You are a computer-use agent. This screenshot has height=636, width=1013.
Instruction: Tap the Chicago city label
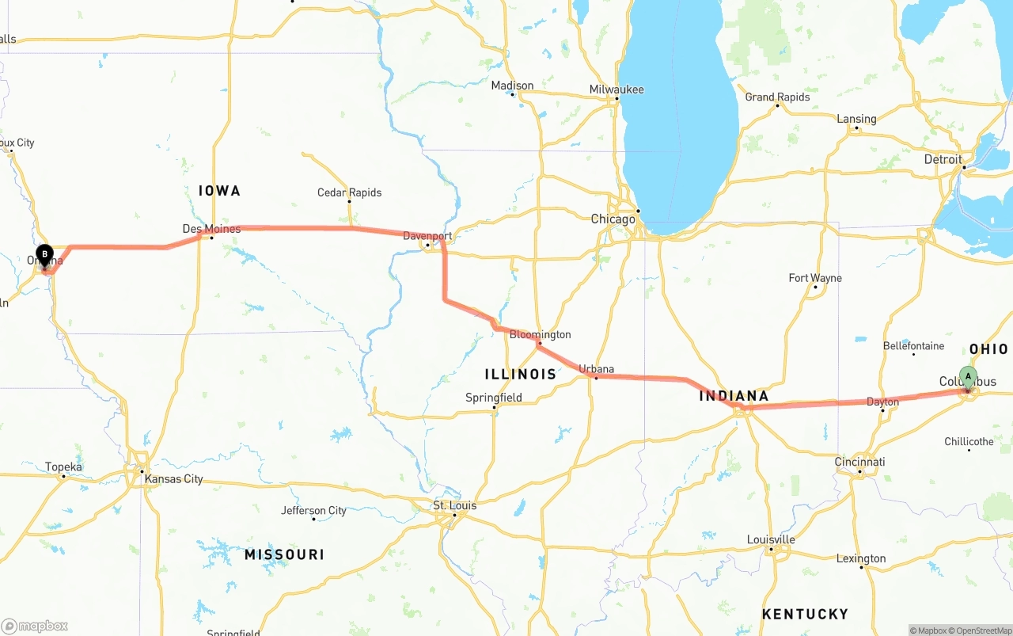pos(613,219)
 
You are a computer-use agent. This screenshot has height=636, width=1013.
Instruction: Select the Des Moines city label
pos(211,229)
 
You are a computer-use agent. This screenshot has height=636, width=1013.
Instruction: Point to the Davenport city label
pos(427,236)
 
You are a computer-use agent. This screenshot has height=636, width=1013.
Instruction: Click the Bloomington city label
pos(540,334)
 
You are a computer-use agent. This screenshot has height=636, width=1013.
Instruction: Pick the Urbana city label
pos(596,369)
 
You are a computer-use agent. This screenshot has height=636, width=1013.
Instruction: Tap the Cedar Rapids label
pos(349,192)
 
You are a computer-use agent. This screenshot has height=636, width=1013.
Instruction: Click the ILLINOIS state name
pos(520,374)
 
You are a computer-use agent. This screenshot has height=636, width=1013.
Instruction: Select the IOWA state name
pos(219,191)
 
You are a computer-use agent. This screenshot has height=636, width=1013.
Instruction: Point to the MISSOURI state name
pos(284,554)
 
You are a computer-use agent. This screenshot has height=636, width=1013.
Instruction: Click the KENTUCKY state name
pos(805,614)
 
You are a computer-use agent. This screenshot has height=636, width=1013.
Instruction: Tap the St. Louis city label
pos(454,505)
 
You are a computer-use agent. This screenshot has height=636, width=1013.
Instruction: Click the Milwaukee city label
pos(617,89)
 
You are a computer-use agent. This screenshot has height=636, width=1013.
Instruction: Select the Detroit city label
pos(943,159)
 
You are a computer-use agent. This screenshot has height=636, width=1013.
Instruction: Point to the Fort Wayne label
pos(815,278)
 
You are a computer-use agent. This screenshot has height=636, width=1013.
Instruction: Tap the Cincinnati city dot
pos(860,472)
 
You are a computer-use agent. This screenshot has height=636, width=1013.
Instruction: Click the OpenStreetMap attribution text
pos(983,630)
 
